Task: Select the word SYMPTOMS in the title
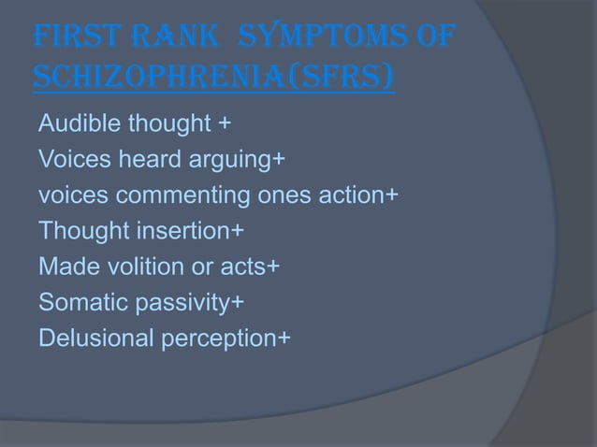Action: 325,41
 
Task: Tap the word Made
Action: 64,267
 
